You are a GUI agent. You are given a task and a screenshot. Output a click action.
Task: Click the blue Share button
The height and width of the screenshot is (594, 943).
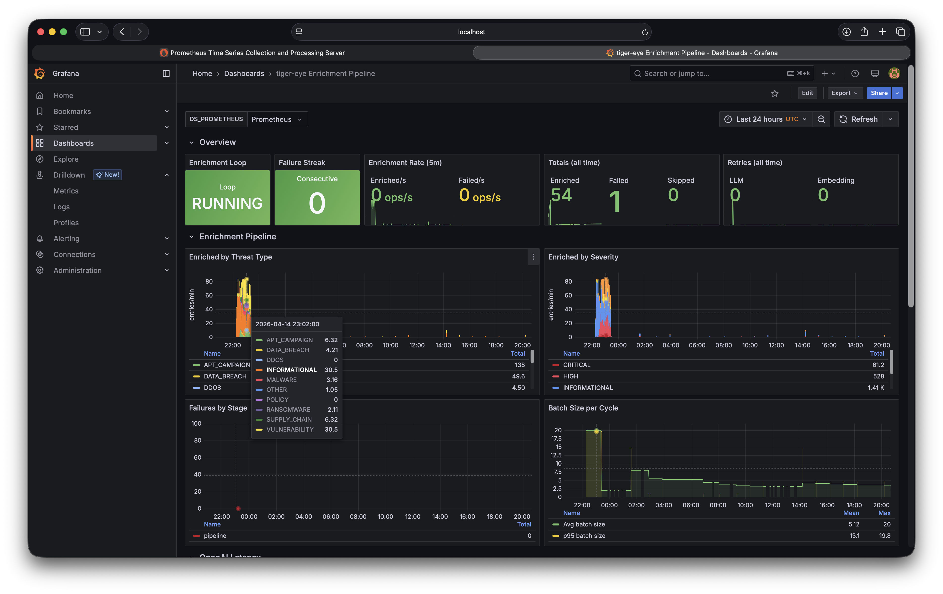(878, 93)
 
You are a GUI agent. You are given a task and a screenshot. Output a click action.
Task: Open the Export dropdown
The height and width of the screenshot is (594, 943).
(844, 93)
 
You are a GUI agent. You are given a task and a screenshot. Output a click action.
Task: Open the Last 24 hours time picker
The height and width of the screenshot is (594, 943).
(766, 119)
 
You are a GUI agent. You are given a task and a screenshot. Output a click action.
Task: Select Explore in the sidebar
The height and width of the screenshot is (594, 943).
(66, 159)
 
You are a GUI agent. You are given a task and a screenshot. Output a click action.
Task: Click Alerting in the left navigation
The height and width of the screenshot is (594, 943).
(66, 239)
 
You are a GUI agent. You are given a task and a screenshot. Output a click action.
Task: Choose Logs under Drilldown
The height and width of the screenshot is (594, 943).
(62, 207)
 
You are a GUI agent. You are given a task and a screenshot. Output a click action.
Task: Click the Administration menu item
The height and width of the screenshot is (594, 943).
(77, 270)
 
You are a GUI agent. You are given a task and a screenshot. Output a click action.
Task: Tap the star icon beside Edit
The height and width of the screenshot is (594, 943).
(775, 93)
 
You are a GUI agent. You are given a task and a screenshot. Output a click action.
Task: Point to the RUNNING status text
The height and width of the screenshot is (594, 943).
(227, 203)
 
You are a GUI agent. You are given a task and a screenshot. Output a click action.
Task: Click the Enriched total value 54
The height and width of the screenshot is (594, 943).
(561, 195)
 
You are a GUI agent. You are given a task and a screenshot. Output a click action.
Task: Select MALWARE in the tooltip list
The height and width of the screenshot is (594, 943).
(281, 380)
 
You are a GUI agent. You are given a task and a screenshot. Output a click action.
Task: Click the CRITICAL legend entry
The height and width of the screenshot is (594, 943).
(576, 365)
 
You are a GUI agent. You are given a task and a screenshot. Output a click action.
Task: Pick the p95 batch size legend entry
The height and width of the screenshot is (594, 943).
(584, 536)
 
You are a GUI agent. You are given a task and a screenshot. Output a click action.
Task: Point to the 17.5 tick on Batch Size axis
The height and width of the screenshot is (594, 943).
(556, 439)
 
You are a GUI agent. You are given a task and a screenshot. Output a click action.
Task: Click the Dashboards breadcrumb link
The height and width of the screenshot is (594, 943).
(244, 74)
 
